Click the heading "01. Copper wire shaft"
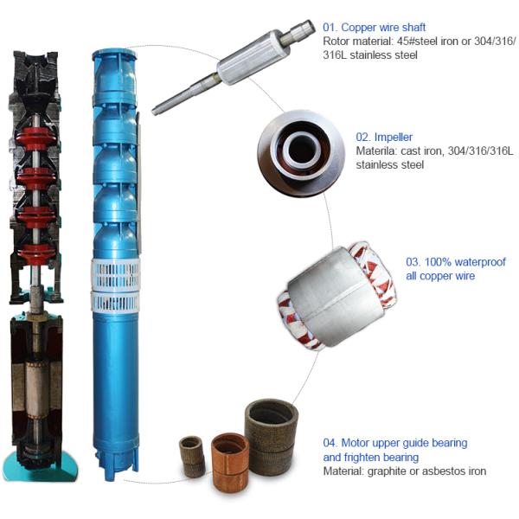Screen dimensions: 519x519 374,27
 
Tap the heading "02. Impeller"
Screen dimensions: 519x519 384,137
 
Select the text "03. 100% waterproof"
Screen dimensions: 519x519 456,262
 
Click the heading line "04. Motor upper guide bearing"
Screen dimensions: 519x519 395,443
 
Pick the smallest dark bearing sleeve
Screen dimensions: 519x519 192,457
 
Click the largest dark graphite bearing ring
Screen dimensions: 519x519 271,437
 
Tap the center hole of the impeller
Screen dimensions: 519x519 301,149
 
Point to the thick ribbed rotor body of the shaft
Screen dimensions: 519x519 253,57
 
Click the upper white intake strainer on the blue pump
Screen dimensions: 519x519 116,274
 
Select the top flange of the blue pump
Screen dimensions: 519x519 114,54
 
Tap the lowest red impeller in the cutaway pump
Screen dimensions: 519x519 35,253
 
